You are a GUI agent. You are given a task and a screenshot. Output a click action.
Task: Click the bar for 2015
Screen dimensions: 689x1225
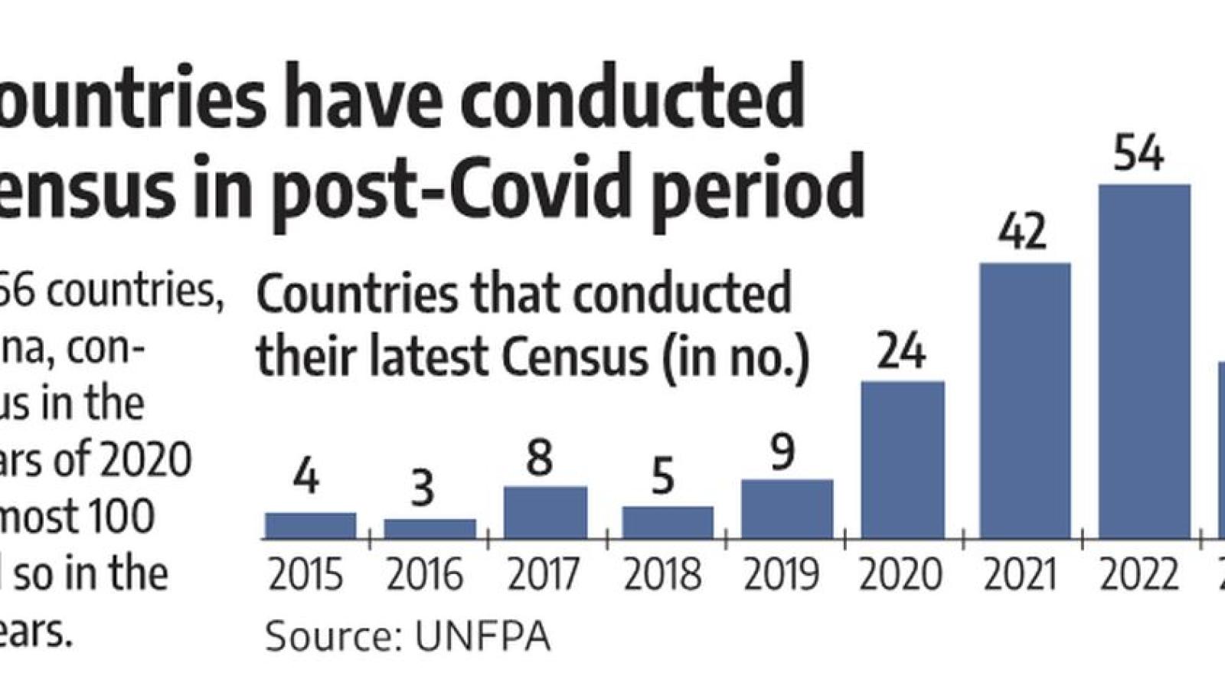310,525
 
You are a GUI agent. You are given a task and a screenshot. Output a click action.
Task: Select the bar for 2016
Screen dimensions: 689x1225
430,529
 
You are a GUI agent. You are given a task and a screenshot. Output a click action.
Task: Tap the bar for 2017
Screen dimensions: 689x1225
545,512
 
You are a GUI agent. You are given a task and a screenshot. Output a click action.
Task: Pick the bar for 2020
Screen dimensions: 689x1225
902,459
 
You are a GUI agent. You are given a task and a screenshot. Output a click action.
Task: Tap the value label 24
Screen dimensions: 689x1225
901,351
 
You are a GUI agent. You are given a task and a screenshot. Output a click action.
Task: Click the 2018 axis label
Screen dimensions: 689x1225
663,575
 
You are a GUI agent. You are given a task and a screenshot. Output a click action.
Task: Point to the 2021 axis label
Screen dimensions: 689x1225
1020,575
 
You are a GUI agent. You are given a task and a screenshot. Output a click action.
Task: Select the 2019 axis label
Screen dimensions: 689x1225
781,575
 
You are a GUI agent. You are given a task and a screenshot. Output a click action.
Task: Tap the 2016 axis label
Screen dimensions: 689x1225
425,575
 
